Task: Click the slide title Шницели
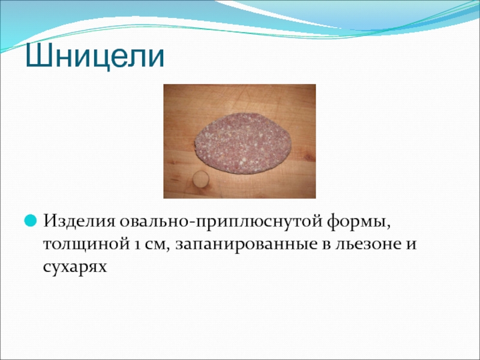[95, 56]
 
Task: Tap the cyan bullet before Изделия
[31, 220]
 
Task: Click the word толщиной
[85, 245]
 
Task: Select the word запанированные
[246, 245]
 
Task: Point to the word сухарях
[75, 267]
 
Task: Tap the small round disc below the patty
[201, 179]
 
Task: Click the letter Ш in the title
[38, 56]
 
